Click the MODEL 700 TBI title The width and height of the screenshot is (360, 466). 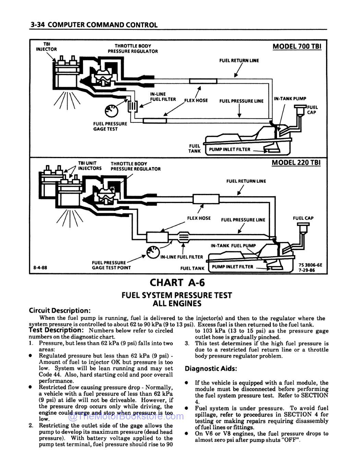[297, 46]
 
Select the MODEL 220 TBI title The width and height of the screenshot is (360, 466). [296, 163]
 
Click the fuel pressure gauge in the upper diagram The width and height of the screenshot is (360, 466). [111, 110]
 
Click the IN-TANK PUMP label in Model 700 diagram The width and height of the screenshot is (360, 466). [290, 99]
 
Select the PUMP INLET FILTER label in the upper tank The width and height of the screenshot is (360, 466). [229, 150]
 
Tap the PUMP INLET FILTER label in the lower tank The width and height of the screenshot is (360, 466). [232, 267]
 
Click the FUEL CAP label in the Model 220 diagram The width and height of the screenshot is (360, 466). [303, 218]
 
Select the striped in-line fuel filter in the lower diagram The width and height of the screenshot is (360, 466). [183, 237]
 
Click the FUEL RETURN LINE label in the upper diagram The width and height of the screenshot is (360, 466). [239, 61]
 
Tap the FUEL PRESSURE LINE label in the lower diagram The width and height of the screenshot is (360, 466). [243, 220]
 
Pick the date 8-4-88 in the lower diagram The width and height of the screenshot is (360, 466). [40, 267]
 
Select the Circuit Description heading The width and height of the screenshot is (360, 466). [60, 311]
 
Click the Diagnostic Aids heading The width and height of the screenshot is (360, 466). [211, 369]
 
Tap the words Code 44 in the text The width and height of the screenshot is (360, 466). [48, 375]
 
